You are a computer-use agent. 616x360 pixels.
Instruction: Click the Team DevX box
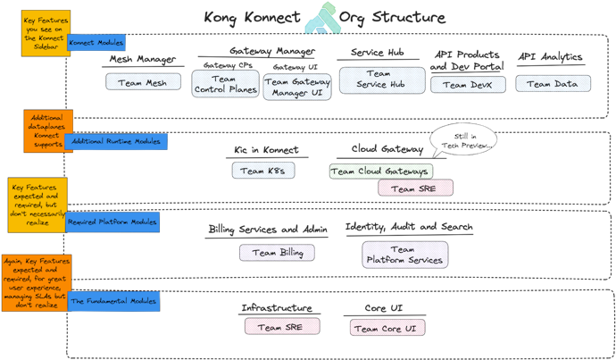pyautogui.click(x=468, y=84)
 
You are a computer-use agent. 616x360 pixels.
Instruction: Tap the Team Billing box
pyautogui.click(x=278, y=253)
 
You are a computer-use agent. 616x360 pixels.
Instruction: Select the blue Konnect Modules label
pyautogui.click(x=96, y=43)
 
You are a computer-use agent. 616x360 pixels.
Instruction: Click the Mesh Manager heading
pyautogui.click(x=142, y=60)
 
